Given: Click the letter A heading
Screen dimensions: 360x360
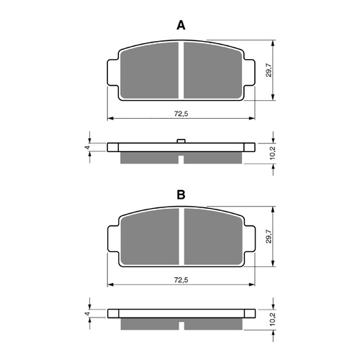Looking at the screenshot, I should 181,25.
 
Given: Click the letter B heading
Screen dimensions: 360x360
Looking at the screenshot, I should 181,195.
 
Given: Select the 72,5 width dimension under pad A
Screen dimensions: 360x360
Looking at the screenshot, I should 181,114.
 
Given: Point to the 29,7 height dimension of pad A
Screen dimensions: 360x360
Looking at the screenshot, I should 269,70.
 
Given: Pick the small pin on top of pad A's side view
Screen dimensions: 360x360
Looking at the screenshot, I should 181,140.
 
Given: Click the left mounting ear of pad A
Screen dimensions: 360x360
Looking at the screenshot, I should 113,71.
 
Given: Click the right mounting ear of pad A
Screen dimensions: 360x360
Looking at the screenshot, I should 249,71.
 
